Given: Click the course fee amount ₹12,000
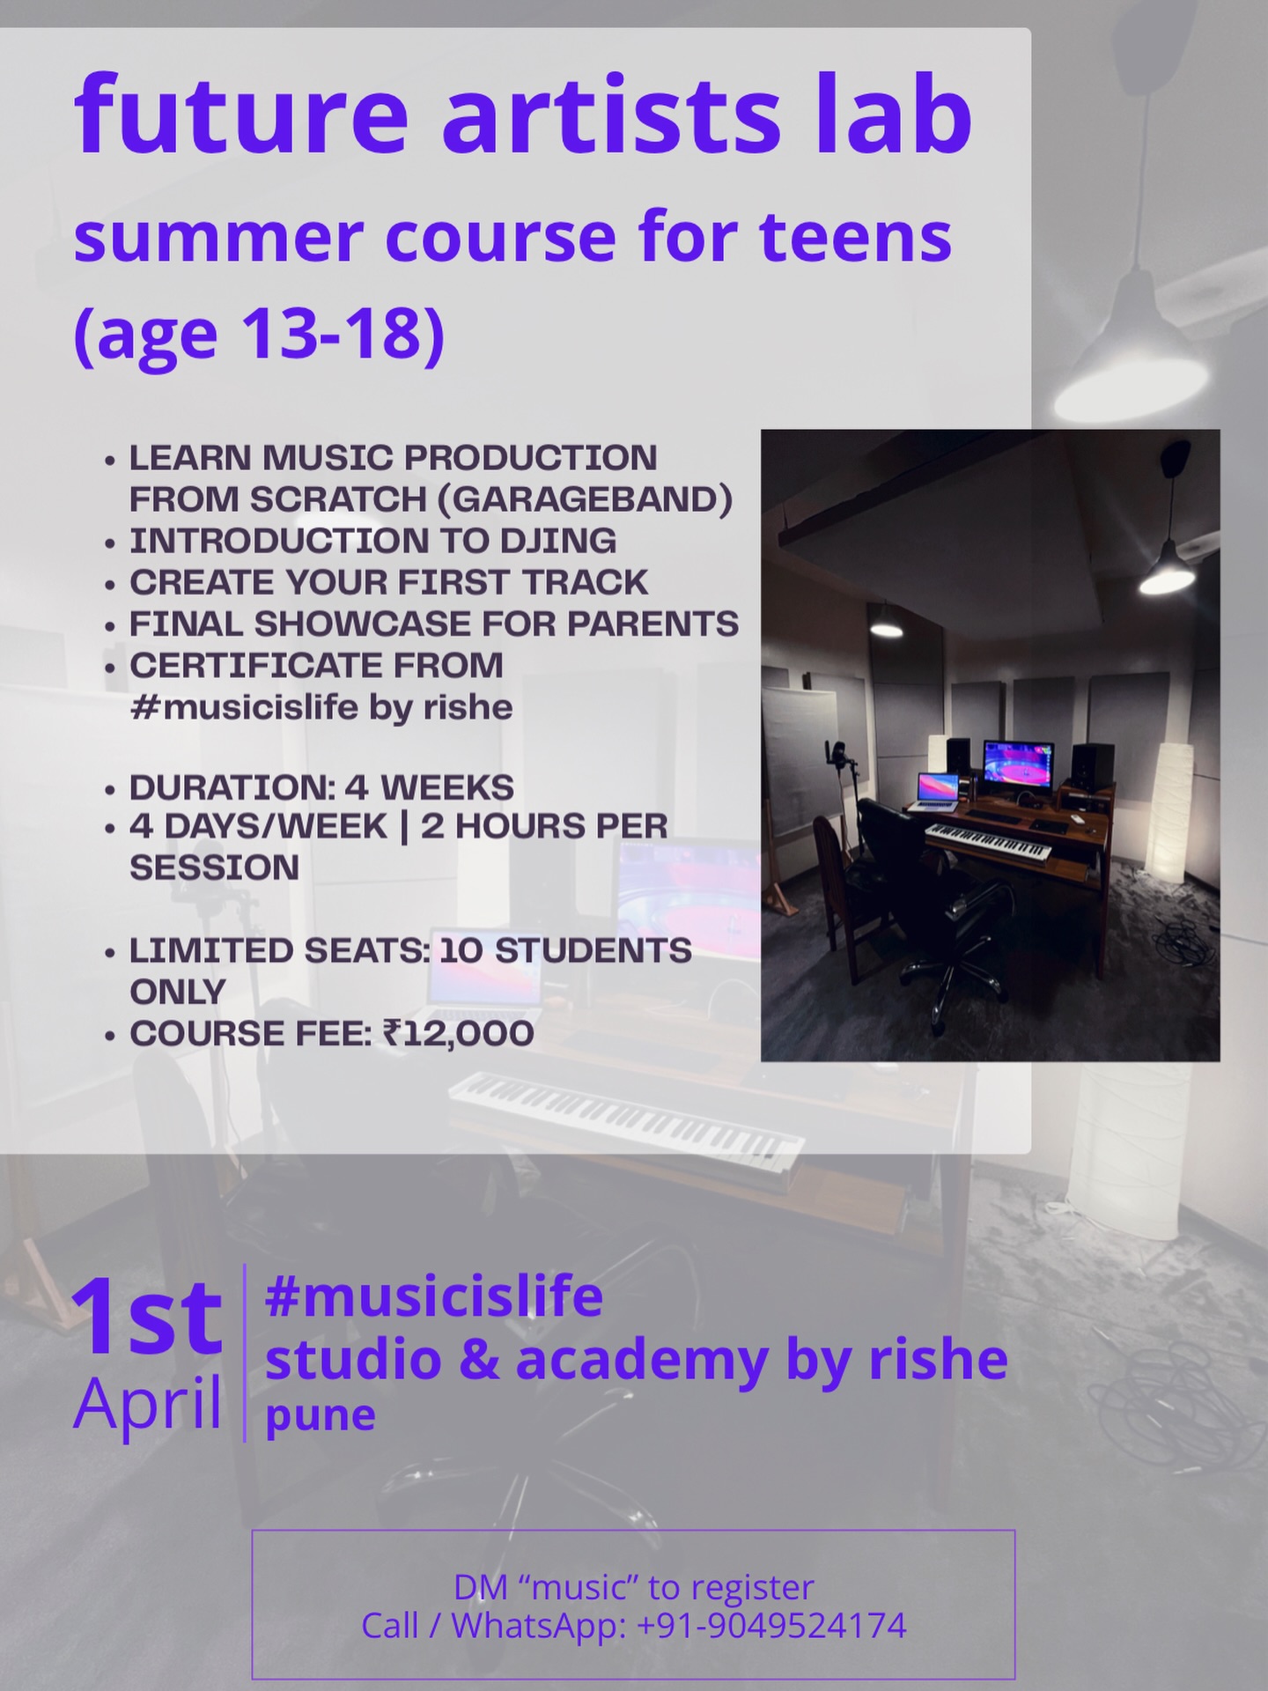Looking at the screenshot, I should coord(458,1033).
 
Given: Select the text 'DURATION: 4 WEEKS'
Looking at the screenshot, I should coord(321,787).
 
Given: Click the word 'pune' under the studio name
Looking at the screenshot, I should coord(321,1415).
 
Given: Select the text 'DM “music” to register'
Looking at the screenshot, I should coord(633,1587).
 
